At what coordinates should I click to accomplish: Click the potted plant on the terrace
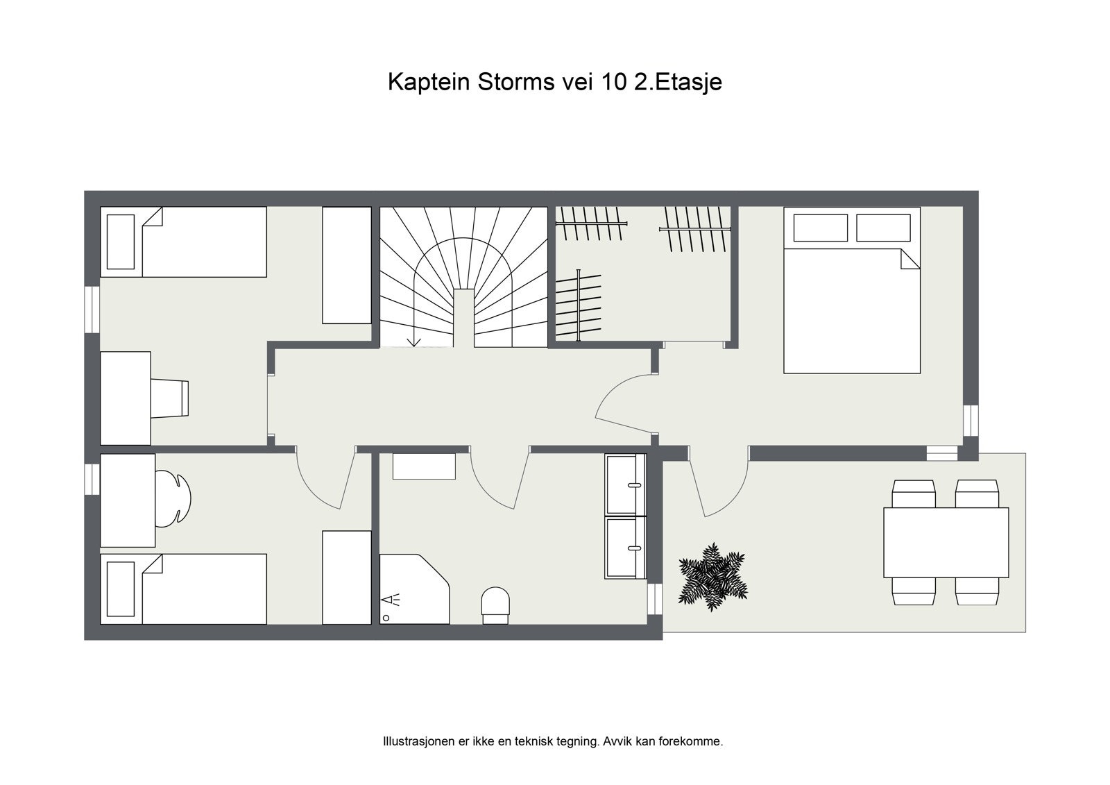(x=712, y=577)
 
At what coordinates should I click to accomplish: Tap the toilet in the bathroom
(x=495, y=603)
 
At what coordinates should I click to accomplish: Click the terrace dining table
(x=946, y=542)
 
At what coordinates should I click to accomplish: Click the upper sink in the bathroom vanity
(x=626, y=484)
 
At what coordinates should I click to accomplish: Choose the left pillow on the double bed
(x=820, y=228)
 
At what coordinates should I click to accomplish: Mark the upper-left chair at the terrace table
(x=914, y=494)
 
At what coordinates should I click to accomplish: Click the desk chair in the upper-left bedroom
(x=170, y=398)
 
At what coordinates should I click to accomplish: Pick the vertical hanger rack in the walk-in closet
(x=578, y=306)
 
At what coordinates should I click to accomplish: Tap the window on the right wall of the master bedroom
(x=970, y=419)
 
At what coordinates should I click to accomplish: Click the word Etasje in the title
(x=689, y=82)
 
